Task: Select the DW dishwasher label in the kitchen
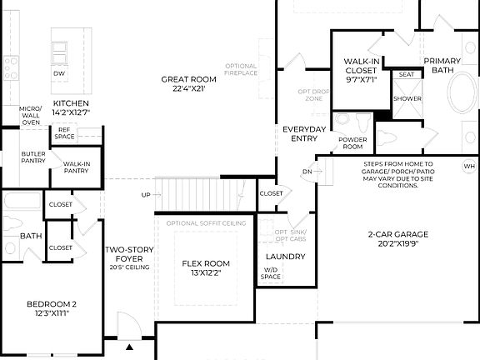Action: point(59,73)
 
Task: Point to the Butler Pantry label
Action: point(33,158)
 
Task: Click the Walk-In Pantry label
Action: point(76,168)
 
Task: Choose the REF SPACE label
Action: point(64,133)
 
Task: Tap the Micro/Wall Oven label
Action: point(31,115)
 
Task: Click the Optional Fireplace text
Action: point(242,69)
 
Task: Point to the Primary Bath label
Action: point(443,66)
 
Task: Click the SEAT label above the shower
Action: point(407,75)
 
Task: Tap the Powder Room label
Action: point(351,143)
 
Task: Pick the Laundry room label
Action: point(285,257)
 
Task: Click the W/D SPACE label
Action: point(272,272)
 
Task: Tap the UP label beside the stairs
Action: point(146,194)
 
